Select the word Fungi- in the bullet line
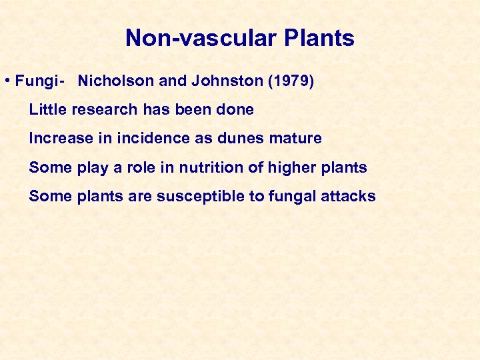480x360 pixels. coord(39,81)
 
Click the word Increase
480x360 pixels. coord(58,139)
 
